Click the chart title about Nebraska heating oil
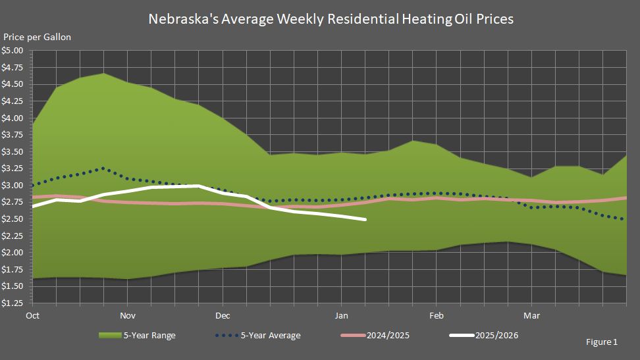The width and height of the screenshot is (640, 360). (331, 19)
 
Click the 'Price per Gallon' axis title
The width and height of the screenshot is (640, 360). (37, 38)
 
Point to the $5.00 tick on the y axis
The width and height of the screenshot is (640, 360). (13, 51)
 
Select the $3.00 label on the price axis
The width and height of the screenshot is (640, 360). (13, 186)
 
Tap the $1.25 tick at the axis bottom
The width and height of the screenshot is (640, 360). (13, 303)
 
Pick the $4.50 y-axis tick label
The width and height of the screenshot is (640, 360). (13, 84)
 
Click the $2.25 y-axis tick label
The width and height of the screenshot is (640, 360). (13, 236)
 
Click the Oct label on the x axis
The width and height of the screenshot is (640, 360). (32, 315)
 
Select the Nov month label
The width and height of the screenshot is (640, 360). (128, 315)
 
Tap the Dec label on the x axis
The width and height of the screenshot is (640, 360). (223, 315)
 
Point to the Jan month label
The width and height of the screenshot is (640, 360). (341, 315)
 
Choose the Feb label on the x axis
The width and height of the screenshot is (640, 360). (435, 315)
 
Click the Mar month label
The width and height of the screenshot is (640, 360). (531, 315)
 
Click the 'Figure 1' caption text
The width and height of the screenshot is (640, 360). (601, 342)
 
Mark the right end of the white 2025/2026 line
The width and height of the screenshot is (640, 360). (365, 219)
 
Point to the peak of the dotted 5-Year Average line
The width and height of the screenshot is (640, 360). (103, 168)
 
